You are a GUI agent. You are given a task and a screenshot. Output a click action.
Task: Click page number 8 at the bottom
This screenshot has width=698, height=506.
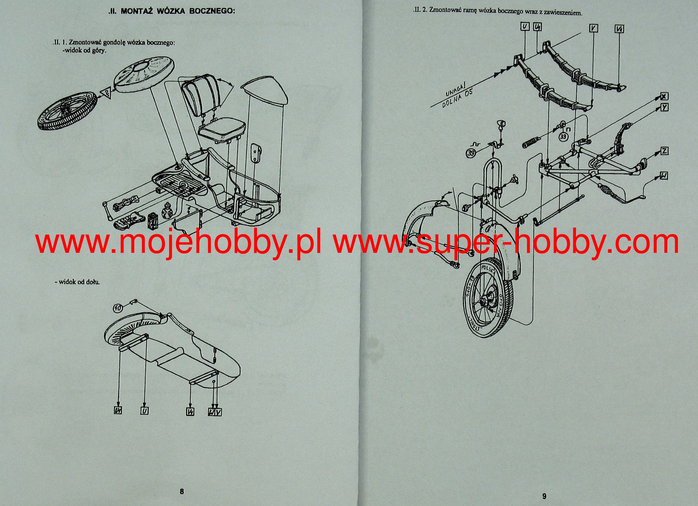point(182,491)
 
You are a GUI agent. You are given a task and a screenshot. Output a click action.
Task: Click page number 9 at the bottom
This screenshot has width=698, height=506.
point(544,496)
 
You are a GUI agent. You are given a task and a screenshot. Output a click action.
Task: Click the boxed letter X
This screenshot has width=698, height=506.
point(664,96)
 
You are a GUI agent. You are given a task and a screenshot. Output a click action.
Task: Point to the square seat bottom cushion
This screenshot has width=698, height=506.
point(222,131)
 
